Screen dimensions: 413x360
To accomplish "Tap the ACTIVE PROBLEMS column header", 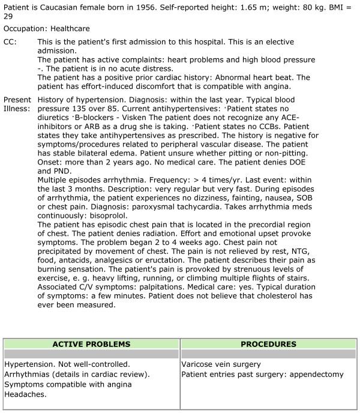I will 91,345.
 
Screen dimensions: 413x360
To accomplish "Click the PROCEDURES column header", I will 268,345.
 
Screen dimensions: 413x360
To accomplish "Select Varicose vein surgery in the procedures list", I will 221,364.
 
